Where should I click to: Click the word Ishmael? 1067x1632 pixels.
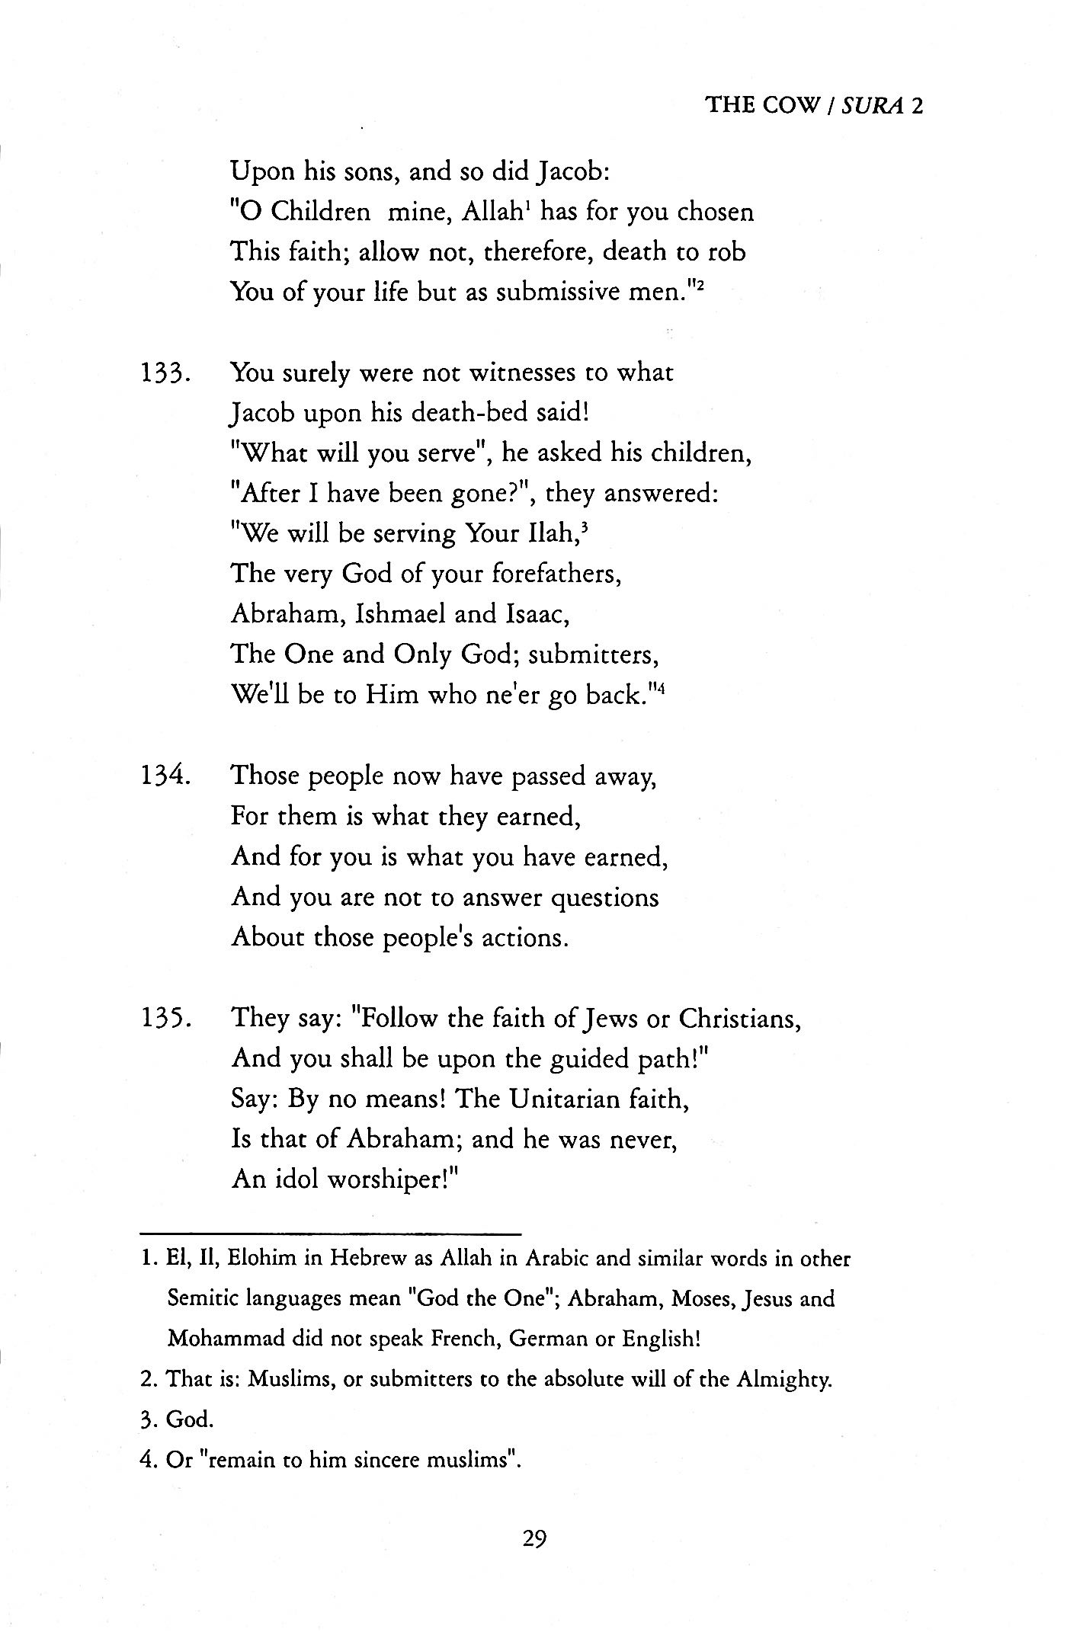(400, 614)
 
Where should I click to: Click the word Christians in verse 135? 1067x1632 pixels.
(739, 1019)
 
